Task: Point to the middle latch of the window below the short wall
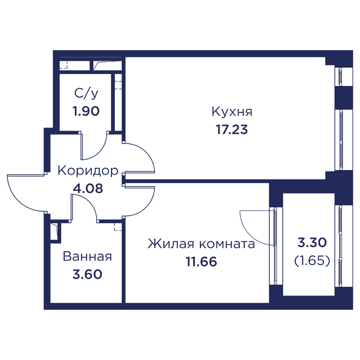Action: coord(275,245)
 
